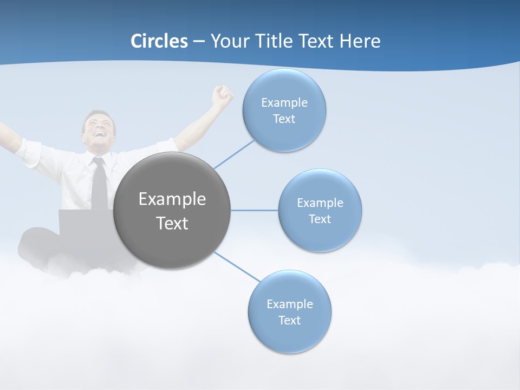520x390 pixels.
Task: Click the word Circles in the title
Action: (159, 41)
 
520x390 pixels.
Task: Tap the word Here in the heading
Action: (360, 41)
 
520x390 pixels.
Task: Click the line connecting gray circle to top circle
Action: (234, 154)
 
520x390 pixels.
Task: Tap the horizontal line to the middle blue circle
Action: (255, 210)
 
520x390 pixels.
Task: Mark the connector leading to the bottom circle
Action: (237, 266)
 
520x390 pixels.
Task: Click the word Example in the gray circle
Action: (172, 199)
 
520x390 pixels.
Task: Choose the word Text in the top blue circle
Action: (284, 119)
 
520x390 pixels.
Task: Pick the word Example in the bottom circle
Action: (290, 304)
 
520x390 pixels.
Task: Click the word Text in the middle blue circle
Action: (320, 219)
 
